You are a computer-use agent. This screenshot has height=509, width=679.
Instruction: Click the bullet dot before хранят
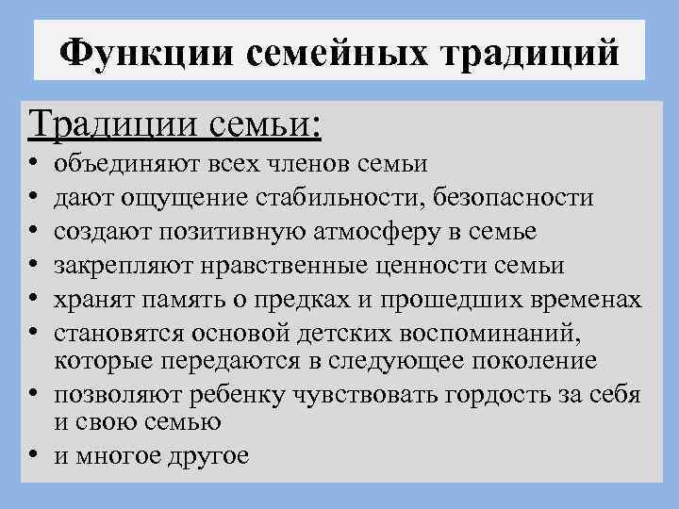tap(35, 301)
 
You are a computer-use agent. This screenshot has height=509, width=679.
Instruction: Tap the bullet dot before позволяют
tap(35, 395)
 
